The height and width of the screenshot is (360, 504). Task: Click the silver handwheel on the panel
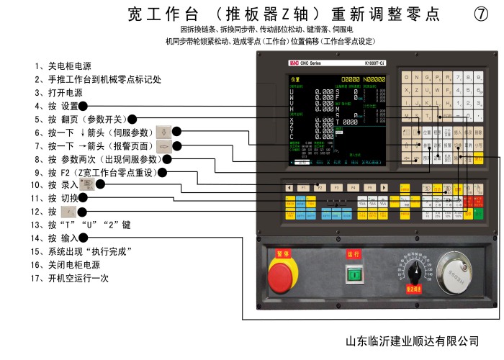coord(453,273)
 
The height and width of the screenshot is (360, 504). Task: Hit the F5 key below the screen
coord(369,187)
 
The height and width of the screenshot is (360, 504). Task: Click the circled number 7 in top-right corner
coord(482,14)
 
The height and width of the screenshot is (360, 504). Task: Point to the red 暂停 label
coord(282,253)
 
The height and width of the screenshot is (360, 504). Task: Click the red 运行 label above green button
coord(353,254)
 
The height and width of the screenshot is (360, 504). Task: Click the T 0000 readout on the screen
coord(348,122)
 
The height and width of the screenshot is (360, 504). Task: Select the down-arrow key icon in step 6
coord(164,132)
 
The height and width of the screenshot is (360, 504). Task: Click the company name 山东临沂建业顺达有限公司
coord(412,340)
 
